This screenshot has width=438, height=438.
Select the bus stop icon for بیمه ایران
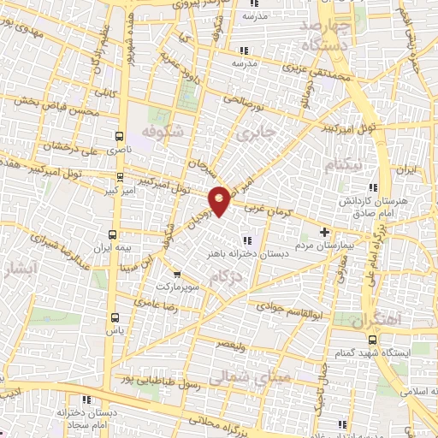[x=113, y=234]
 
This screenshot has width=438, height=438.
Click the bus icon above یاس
[x=112, y=315]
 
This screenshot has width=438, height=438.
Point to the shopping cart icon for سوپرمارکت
[x=176, y=275]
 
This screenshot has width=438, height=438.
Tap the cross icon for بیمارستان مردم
[x=323, y=232]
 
